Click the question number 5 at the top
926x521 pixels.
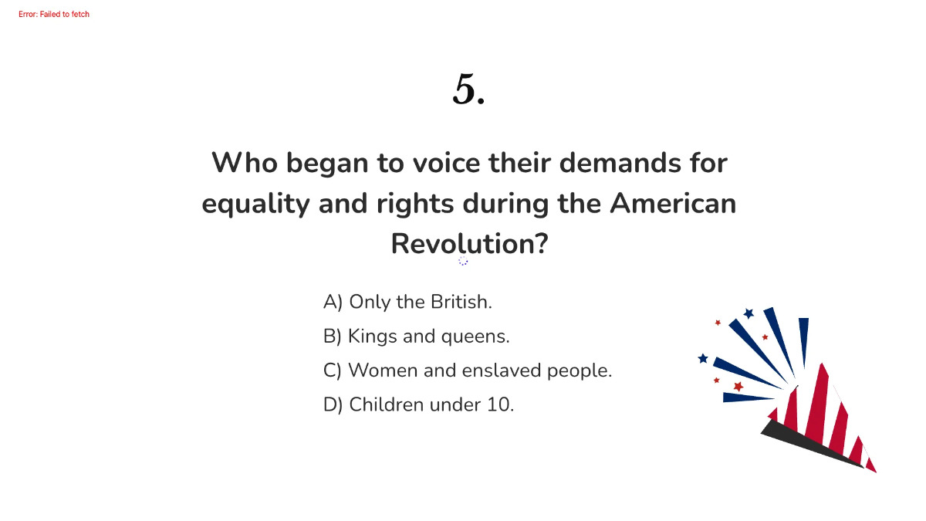point(468,90)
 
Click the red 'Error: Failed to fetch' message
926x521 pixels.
point(54,15)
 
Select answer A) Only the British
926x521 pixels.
point(407,302)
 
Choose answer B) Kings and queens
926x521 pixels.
point(417,337)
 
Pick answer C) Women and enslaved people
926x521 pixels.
point(468,370)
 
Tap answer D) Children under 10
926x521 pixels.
point(418,404)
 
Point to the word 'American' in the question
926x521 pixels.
point(672,204)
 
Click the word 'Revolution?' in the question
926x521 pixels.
point(469,244)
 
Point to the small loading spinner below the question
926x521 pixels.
point(463,261)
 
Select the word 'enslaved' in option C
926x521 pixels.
point(502,370)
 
